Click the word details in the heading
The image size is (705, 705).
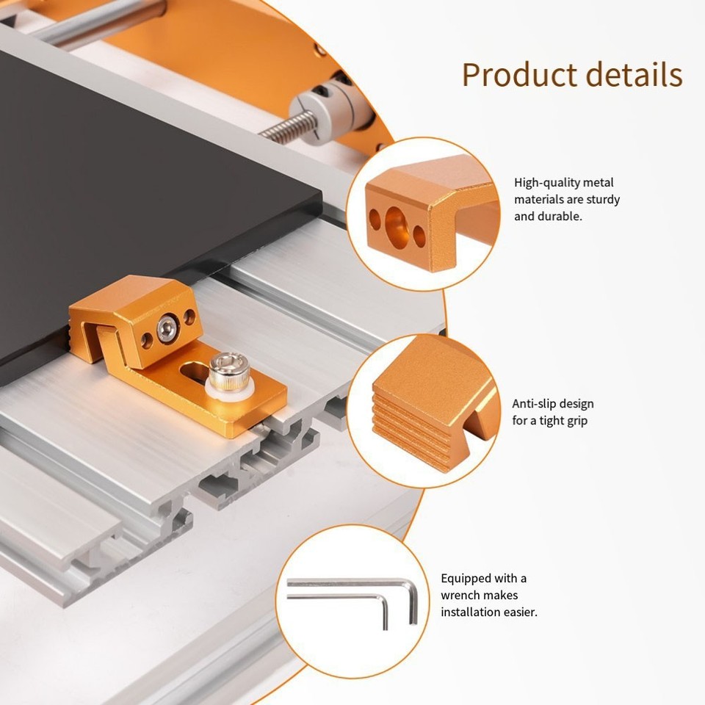point(629,75)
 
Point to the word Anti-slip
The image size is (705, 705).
point(534,404)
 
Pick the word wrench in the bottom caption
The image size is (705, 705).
point(460,595)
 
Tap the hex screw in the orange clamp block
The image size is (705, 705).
point(168,328)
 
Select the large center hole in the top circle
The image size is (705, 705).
point(397,223)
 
